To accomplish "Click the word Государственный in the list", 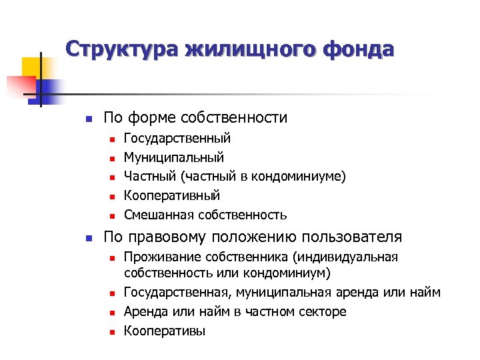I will click(x=177, y=139).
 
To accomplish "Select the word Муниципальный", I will click(x=174, y=157).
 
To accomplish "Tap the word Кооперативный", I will click(x=172, y=196).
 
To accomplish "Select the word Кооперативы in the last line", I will click(x=165, y=331).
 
